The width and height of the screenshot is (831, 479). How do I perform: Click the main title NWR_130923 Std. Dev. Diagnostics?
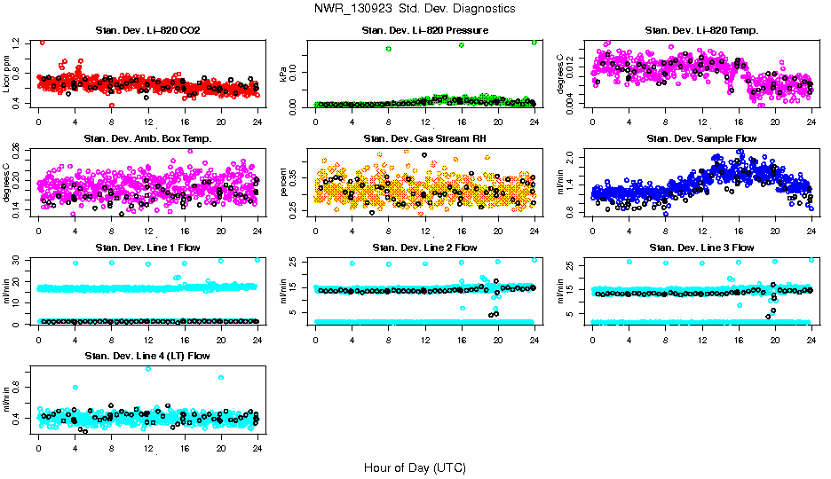click(415, 8)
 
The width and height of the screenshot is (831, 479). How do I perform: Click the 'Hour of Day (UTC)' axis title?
click(415, 467)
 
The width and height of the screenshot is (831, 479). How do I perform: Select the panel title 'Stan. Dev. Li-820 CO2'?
click(147, 31)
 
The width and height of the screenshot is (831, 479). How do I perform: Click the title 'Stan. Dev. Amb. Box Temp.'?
click(147, 138)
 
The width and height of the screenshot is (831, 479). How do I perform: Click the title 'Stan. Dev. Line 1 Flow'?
click(147, 247)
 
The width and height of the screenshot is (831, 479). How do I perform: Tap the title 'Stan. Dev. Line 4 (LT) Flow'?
click(147, 356)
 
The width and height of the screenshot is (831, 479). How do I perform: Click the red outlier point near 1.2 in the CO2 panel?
click(42, 42)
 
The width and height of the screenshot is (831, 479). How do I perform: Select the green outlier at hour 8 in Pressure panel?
click(389, 48)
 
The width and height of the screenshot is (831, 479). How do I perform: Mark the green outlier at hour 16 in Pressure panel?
click(462, 44)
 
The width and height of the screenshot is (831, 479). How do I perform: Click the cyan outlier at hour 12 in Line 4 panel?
click(148, 368)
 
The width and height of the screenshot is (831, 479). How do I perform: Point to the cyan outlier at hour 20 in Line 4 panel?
click(221, 378)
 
